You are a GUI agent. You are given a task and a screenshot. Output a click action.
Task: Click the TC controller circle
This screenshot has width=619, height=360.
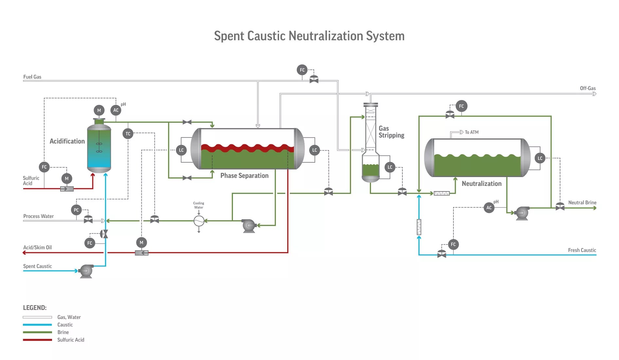pos(128,134)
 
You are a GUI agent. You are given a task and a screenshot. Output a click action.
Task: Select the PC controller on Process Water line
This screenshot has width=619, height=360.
pos(76,210)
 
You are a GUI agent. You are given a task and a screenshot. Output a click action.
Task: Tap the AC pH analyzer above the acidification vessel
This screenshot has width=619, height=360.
pos(116,110)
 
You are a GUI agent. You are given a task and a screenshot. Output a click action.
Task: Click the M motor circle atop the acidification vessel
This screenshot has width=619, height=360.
pos(99,110)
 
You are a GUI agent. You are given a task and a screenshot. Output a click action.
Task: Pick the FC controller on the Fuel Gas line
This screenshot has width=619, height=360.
pos(302,70)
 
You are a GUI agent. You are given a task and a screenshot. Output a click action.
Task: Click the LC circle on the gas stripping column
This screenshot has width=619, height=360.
pos(390,167)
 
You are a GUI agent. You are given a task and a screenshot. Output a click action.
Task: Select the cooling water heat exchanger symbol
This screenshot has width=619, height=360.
pos(199,221)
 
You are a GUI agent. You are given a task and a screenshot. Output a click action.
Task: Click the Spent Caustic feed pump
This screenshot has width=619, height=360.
pos(86,271)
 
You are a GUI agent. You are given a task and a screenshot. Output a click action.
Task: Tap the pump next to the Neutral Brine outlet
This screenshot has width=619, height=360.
pos(522,213)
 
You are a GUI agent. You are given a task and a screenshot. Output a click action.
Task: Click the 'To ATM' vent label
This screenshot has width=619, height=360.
pos(471,132)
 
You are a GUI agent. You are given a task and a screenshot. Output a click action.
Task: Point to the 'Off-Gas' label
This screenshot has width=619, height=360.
pos(588,88)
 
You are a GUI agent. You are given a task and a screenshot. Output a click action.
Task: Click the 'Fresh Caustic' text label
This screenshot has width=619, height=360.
pos(582,250)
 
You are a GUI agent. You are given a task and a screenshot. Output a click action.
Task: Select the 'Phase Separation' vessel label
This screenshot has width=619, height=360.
pos(244,176)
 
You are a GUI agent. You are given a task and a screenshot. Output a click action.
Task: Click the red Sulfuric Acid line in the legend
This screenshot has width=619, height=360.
pos(37,340)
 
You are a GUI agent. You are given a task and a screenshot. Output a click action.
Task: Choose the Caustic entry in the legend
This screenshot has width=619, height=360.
pos(65,325)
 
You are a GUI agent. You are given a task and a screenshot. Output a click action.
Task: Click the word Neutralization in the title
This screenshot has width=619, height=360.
pos(326,36)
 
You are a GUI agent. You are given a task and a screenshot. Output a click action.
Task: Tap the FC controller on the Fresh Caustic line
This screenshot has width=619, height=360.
pos(453,244)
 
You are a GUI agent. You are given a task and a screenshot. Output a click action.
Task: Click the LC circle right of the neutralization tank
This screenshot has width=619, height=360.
pos(540,158)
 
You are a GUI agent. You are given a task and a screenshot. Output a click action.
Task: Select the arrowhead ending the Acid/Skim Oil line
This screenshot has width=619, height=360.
pos(24,253)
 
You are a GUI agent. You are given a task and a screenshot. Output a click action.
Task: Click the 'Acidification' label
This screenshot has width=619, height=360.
pos(67,141)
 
